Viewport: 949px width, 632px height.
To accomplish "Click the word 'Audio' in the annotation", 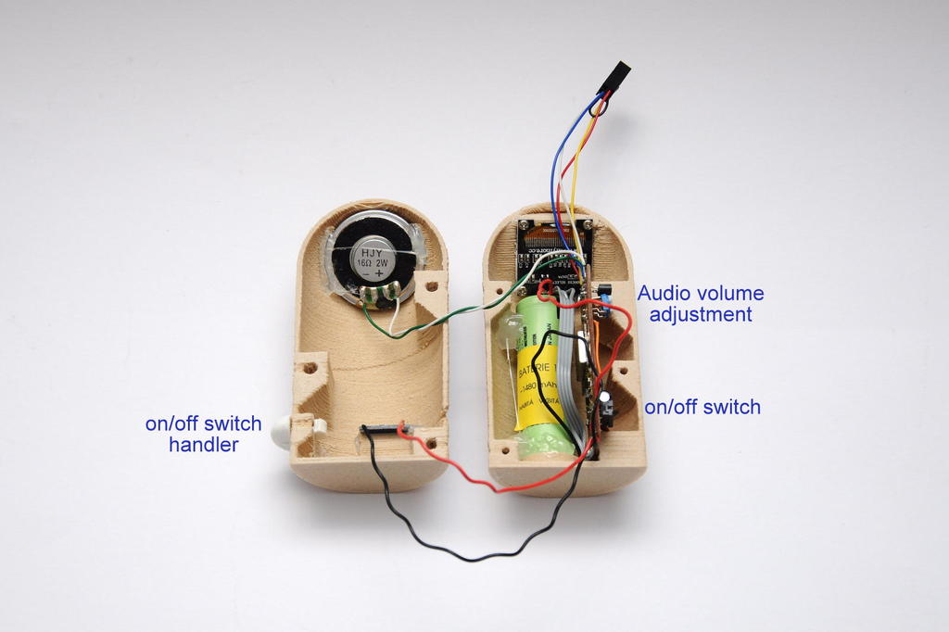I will tap(664, 294).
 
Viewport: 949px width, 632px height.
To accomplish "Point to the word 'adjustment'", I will tap(700, 314).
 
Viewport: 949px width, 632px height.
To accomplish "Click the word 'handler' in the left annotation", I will tap(203, 445).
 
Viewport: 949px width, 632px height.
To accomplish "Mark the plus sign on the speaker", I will tap(380, 275).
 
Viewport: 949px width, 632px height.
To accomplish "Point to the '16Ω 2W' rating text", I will tap(373, 262).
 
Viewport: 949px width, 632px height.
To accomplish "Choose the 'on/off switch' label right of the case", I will tap(702, 406).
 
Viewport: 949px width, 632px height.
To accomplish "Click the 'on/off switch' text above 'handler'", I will tap(203, 424).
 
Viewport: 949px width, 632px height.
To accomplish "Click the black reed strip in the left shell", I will tap(380, 429).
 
